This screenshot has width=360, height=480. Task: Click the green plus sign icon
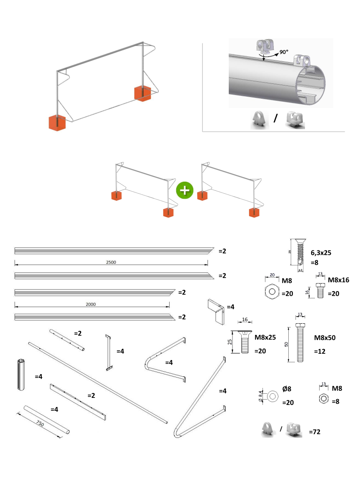pyautogui.click(x=185, y=190)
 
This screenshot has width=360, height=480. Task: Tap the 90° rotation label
pyautogui.click(x=284, y=52)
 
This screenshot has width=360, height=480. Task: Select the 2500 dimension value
pyautogui.click(x=111, y=262)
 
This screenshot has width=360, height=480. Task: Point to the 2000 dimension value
pyautogui.click(x=91, y=304)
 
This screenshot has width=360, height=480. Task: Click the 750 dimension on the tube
pyautogui.click(x=40, y=424)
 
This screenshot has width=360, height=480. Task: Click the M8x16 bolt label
pyautogui.click(x=338, y=280)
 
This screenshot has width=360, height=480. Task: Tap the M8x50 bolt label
pyautogui.click(x=325, y=337)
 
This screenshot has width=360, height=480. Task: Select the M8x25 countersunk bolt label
pyautogui.click(x=265, y=337)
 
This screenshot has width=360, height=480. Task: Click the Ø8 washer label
pyautogui.click(x=287, y=389)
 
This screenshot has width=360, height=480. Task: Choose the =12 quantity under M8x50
pyautogui.click(x=320, y=352)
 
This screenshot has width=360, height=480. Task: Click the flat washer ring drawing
pyautogui.click(x=272, y=396)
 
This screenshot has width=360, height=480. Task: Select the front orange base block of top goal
pyautogui.click(x=57, y=122)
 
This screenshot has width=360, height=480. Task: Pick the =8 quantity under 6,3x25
pyautogui.click(x=315, y=262)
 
